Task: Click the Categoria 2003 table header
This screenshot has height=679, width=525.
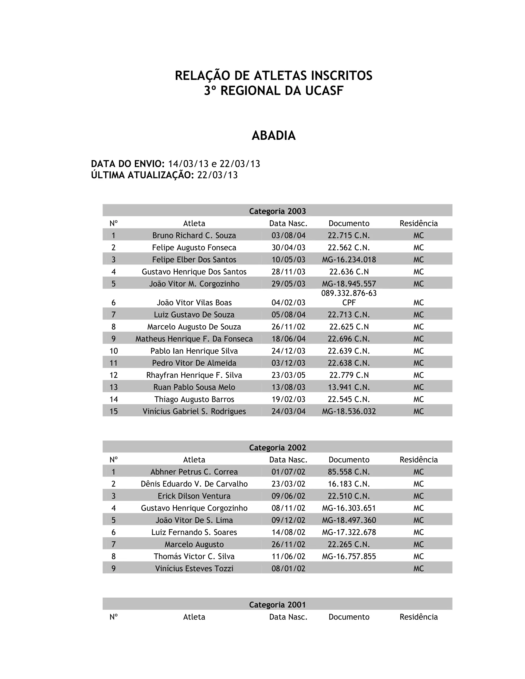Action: pos(277,211)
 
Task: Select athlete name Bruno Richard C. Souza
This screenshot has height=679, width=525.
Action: pos(194,235)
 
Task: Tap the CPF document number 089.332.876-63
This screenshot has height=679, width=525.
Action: pos(349,293)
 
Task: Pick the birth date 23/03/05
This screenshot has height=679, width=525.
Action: pos(288,375)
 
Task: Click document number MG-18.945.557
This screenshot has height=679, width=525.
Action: pos(349,284)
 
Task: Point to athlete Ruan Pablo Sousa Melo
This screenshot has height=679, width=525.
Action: pos(194,387)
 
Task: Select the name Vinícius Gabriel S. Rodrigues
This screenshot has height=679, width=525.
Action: pos(194,411)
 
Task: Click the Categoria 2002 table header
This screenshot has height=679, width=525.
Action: pos(277,447)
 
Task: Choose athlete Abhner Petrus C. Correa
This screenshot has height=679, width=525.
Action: pos(194,472)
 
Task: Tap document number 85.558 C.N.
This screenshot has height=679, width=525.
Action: pos(349,472)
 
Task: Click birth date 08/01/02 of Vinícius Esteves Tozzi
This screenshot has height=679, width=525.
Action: pos(288,568)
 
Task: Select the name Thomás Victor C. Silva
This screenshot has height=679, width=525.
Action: pos(194,556)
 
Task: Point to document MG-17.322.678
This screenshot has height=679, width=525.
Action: pos(349,532)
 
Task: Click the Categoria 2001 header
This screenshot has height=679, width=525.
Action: pos(277,605)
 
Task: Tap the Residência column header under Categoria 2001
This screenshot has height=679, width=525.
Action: pos(418,617)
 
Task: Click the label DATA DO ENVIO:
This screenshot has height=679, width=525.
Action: pos(127,163)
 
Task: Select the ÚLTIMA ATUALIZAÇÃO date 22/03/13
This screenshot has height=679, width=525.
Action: pos(217,175)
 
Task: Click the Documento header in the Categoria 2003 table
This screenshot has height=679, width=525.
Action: pos(349,223)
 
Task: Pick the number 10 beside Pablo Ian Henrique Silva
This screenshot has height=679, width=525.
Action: pos(114,351)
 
